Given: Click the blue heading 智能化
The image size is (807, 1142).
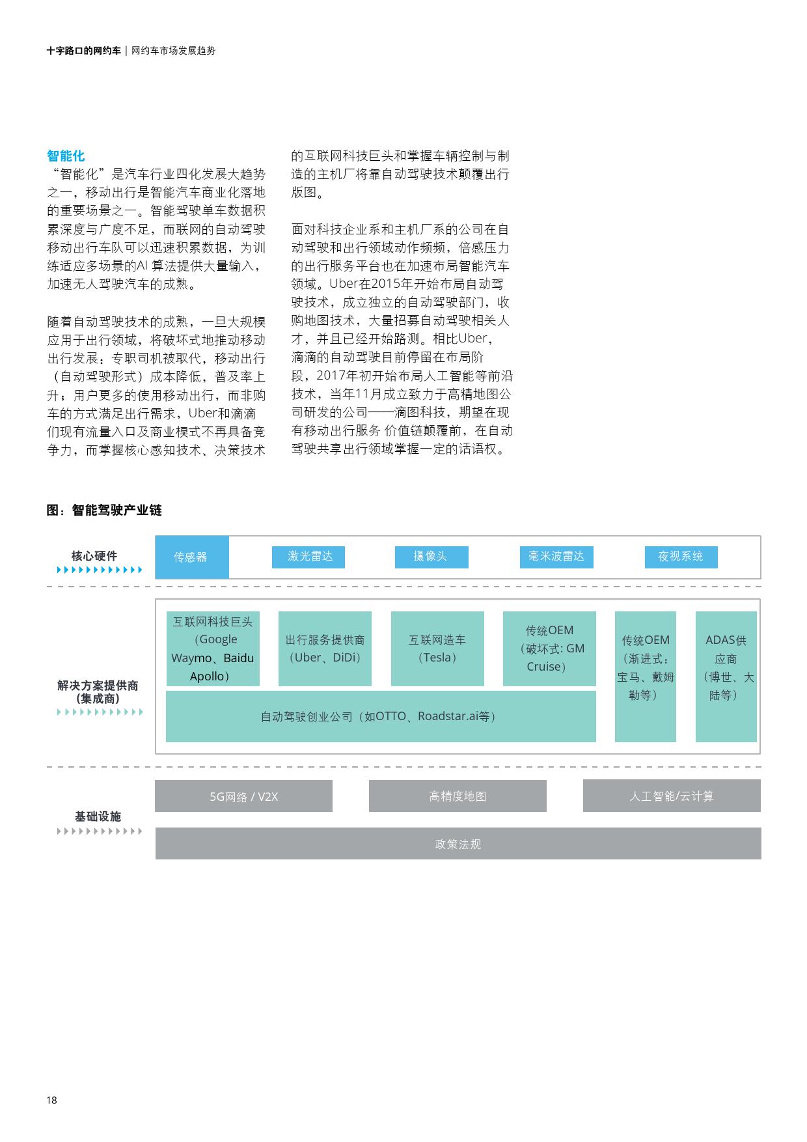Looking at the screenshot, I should [66, 156].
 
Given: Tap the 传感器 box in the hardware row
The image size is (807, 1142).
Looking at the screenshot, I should [191, 557].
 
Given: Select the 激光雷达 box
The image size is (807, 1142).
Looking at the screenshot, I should [308, 557].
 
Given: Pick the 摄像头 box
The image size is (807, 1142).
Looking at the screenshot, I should [431, 557].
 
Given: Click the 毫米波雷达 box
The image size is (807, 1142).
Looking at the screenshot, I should [556, 557].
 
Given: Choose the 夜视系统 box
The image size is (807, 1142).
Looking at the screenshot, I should [681, 557].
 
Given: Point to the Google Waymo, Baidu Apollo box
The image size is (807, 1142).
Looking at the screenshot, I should [213, 648].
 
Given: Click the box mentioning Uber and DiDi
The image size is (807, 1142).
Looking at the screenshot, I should [325, 648].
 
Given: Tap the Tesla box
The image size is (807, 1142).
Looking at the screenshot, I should [437, 648].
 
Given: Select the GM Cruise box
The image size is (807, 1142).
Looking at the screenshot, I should [549, 648].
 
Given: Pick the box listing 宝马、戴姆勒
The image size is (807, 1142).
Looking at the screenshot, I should [645, 676].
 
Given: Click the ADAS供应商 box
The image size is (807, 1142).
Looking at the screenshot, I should [726, 676].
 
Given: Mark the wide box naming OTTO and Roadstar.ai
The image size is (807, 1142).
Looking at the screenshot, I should [381, 716].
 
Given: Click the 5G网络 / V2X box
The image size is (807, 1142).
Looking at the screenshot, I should [243, 796].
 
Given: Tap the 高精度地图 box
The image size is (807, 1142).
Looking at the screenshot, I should [458, 796].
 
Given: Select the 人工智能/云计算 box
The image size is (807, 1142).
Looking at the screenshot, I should [672, 796].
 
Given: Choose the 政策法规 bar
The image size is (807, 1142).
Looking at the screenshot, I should [458, 844].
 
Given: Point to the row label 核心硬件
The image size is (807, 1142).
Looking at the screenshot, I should [94, 556].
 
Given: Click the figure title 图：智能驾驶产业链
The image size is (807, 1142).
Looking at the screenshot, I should [104, 510].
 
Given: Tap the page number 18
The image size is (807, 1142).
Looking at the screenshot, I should [51, 1100].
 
